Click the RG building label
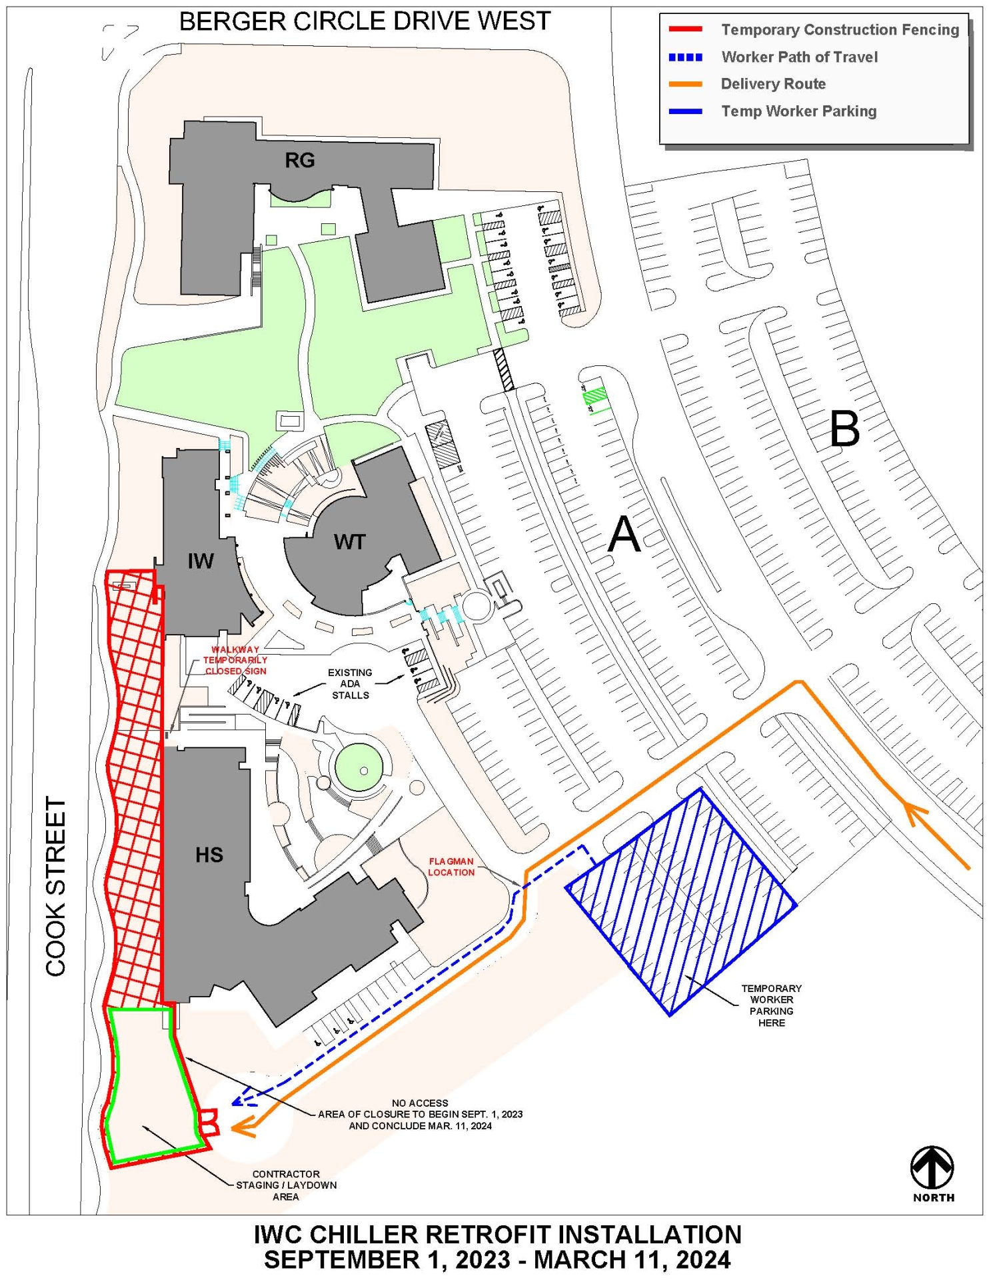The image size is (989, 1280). click(x=299, y=160)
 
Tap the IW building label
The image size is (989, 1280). click(x=200, y=561)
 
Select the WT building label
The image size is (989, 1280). click(x=349, y=542)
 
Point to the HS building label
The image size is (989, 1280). click(x=209, y=855)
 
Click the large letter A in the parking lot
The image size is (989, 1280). click(x=624, y=535)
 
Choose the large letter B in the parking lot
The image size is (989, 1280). click(x=844, y=429)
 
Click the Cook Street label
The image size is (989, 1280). click(x=56, y=887)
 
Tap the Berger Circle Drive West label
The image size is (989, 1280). click(x=365, y=22)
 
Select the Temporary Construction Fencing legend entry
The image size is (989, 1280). click(x=839, y=30)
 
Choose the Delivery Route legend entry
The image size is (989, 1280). click(x=772, y=84)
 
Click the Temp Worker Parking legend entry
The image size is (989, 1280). click(x=798, y=111)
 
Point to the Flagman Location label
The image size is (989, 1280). click(x=451, y=867)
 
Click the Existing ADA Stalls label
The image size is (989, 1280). click(x=350, y=684)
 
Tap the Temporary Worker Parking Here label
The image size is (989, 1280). click(x=771, y=1005)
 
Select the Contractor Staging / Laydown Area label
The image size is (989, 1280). click(x=286, y=1185)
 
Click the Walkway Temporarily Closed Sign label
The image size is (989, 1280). click(x=235, y=660)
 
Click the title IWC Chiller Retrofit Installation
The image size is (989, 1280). click(x=497, y=1235)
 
